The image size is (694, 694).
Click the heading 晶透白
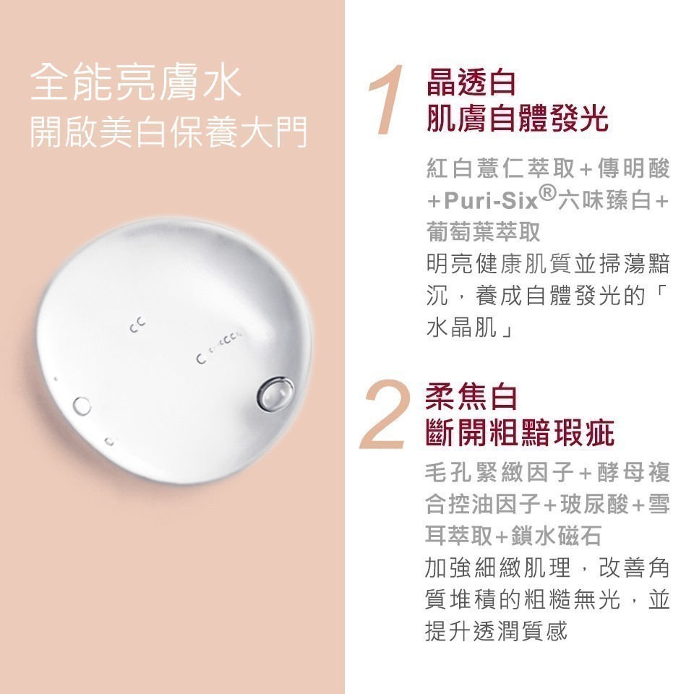(x=471, y=82)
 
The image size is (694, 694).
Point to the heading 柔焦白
(x=471, y=397)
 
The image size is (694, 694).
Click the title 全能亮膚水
(x=135, y=83)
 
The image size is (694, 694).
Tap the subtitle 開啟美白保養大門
(x=168, y=132)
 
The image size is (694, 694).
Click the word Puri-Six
(x=492, y=202)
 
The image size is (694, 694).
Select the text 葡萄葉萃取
(x=483, y=232)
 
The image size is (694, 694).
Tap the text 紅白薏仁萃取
(x=501, y=168)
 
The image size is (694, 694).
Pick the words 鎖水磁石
(x=556, y=536)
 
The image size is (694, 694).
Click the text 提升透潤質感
(x=496, y=630)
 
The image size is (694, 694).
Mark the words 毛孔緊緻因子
(x=500, y=472)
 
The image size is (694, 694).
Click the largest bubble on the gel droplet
(x=275, y=393)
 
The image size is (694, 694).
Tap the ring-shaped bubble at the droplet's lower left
(x=82, y=406)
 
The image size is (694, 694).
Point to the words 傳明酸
(x=634, y=168)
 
